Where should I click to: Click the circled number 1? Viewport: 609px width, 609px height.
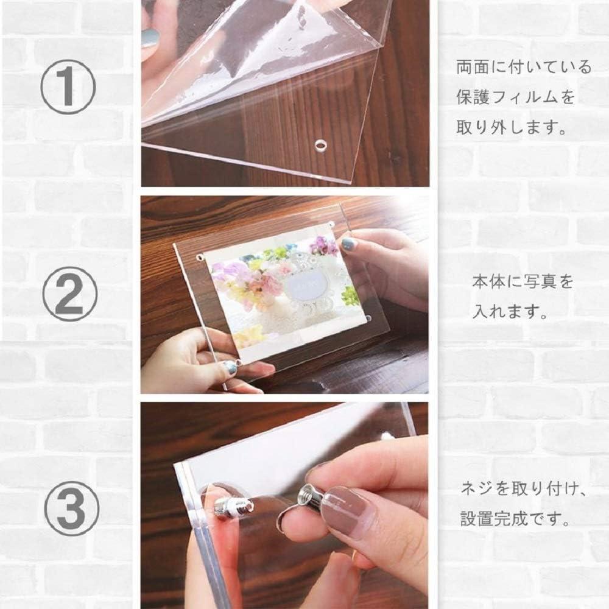tap(68, 86)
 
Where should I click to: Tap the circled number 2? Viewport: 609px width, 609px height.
tap(69, 294)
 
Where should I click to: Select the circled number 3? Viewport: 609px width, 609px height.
tap(72, 509)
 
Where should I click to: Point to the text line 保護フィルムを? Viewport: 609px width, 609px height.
tap(515, 97)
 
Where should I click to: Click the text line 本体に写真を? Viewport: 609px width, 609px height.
tap(523, 281)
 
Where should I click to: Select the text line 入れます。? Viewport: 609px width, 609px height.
tap(510, 311)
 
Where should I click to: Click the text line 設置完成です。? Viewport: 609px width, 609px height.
tap(515, 518)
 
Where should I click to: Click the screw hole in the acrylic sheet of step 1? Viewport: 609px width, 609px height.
tap(320, 146)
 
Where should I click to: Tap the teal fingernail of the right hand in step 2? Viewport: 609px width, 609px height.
tap(348, 244)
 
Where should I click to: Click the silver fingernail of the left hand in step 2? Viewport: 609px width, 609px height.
tap(230, 367)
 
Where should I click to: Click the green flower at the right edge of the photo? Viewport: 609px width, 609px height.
tap(349, 295)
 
